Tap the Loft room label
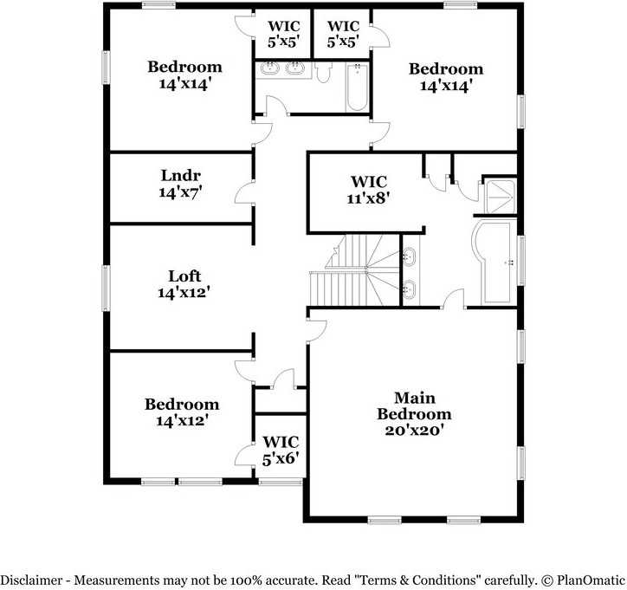184,276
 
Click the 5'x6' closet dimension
281,458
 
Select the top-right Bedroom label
445,69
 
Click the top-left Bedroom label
184,67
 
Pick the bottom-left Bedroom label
182,405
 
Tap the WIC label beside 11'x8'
369,182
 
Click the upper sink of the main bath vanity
410,257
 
